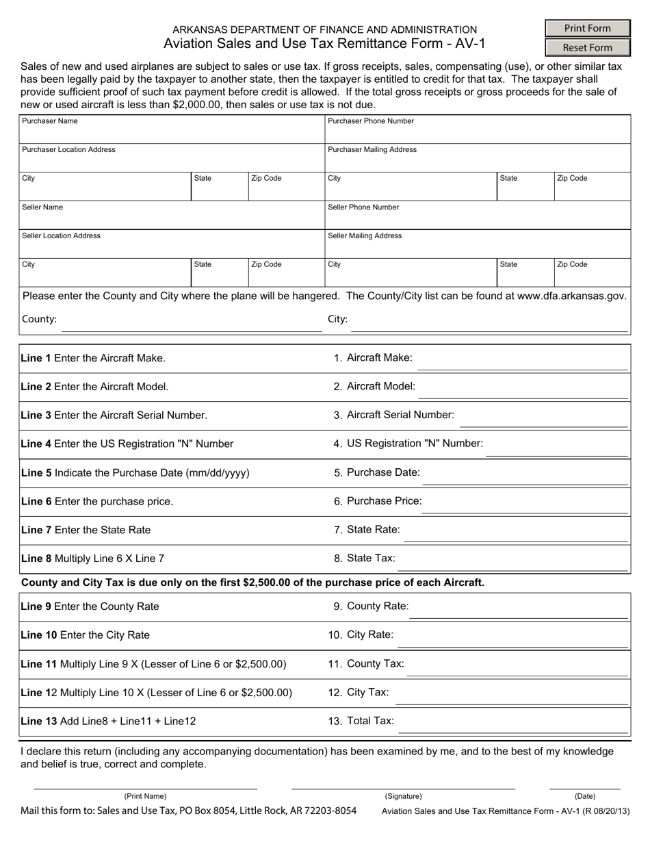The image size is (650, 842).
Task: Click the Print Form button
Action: pyautogui.click(x=587, y=28)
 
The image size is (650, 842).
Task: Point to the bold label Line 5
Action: pyautogui.click(x=36, y=472)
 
